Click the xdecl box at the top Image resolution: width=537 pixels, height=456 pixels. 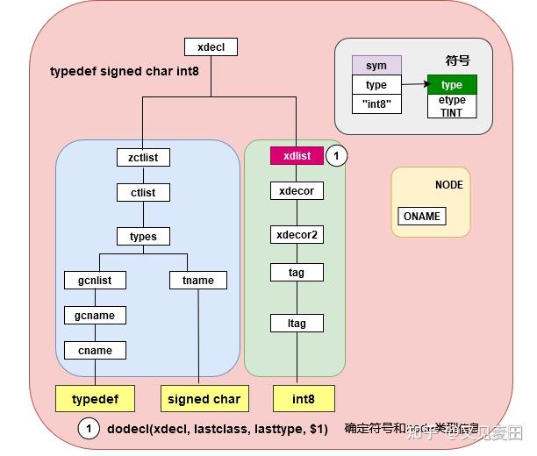pos(211,47)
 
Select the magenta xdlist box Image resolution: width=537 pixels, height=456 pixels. pos(296,155)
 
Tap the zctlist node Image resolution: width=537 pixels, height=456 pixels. pos(143,158)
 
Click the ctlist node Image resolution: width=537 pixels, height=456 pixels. pos(143,192)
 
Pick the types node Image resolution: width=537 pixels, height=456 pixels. pos(143,237)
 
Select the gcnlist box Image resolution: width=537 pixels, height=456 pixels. pos(95,281)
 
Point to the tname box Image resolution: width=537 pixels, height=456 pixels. pos(197,281)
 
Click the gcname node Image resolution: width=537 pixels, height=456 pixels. pos(95,316)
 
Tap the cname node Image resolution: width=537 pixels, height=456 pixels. pos(95,351)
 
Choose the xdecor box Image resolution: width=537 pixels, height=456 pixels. pos(296,191)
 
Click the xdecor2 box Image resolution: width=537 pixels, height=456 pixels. pos(296,235)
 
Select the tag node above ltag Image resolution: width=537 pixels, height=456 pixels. pos(296,273)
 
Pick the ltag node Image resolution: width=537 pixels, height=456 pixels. pos(296,323)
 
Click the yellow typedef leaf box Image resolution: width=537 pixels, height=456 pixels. pos(95,399)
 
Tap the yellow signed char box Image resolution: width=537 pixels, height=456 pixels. pos(204,399)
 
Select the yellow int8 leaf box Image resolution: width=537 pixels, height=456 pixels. pos(304,399)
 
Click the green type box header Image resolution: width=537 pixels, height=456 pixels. pos(452,85)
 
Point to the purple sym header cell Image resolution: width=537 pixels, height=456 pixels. pos(376,65)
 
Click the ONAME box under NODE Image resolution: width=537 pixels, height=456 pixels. pos(421,217)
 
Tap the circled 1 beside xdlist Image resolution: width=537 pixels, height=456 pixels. pos(338,155)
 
